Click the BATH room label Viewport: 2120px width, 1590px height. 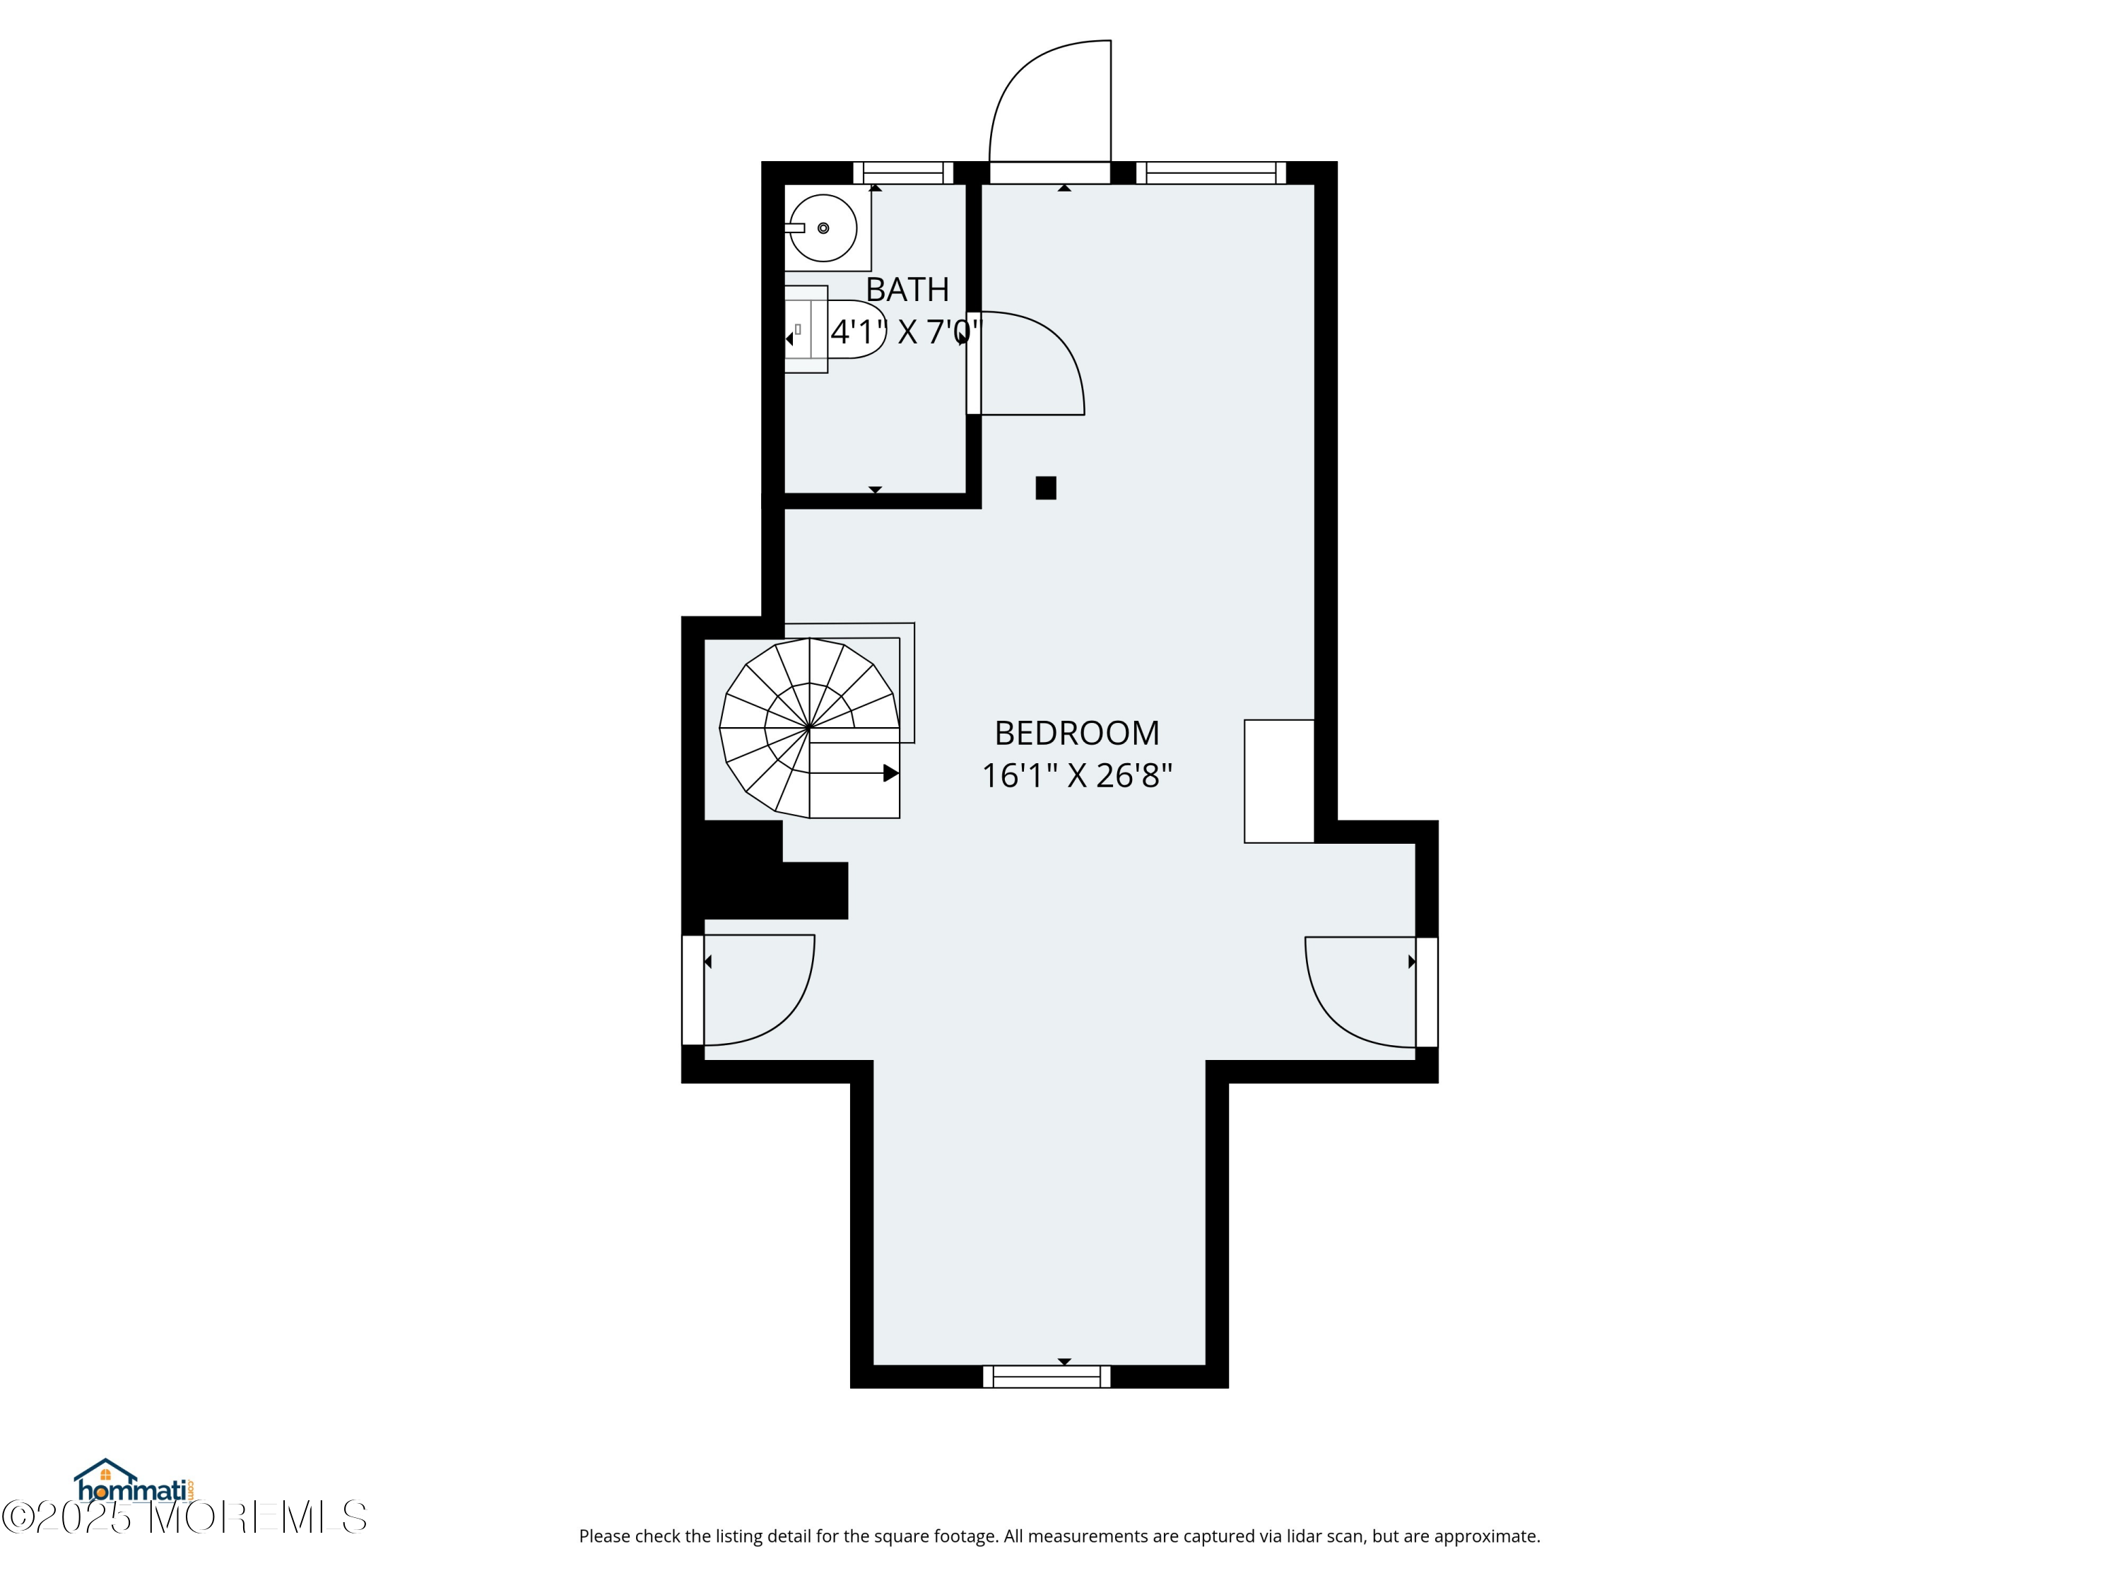[907, 290]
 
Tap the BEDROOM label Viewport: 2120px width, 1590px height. [1076, 734]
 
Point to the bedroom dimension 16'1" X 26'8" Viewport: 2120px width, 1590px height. [1076, 775]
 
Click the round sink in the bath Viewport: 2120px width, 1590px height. [823, 228]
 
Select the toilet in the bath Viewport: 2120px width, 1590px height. [834, 329]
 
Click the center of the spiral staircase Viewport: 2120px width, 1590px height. [810, 727]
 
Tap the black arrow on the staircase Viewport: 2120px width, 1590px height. [890, 772]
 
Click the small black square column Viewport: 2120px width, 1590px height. [1046, 488]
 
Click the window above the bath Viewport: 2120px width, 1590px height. [903, 173]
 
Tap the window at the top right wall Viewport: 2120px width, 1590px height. [1211, 173]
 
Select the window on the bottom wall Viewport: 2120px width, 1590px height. [1047, 1377]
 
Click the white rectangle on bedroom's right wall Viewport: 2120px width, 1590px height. [1278, 781]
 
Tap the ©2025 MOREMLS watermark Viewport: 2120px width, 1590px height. [184, 1518]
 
